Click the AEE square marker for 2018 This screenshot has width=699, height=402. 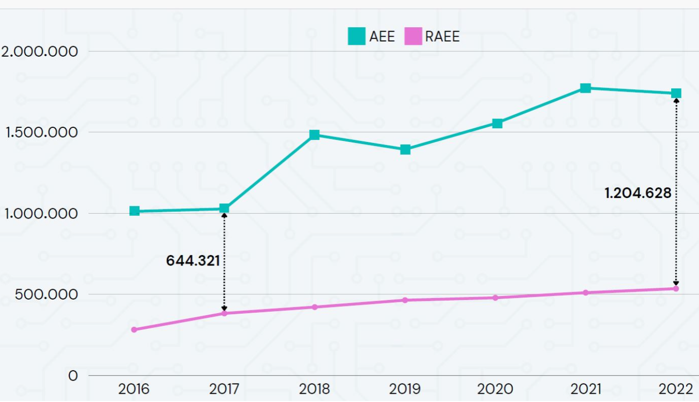tap(315, 135)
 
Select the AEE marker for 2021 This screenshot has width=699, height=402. tap(585, 88)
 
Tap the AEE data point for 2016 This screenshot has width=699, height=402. tap(135, 211)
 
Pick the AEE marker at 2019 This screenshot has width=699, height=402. tap(405, 149)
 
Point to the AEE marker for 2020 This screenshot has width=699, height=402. tap(497, 123)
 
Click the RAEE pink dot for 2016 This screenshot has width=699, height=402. tap(134, 330)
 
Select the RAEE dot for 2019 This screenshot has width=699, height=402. tap(405, 300)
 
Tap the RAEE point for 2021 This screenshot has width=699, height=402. tap(585, 293)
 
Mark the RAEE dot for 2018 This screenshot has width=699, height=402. tap(315, 307)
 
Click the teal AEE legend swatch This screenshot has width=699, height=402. tap(357, 37)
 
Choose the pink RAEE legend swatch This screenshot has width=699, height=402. tap(413, 37)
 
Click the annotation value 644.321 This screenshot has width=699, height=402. tap(193, 261)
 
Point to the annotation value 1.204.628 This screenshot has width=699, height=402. tap(638, 193)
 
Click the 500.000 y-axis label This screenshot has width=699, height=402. tap(46, 295)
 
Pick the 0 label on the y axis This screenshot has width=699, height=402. tap(73, 376)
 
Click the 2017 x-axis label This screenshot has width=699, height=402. tap(224, 389)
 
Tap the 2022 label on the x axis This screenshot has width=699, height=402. tap(676, 389)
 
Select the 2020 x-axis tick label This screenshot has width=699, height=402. tap(495, 389)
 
